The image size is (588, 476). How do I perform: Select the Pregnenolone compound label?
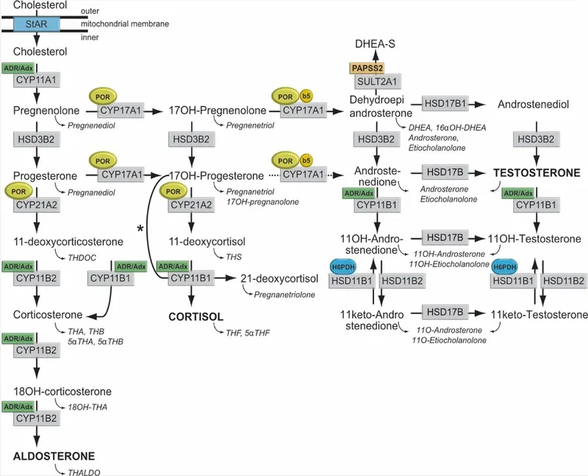click(43, 110)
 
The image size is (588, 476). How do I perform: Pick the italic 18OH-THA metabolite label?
click(87, 404)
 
